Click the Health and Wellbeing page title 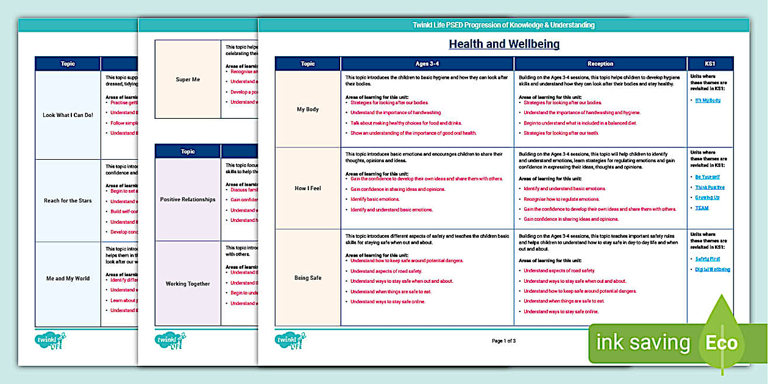pos(503,44)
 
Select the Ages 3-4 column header pos(427,63)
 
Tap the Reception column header pos(600,63)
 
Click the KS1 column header pos(710,63)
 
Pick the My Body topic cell pos(308,110)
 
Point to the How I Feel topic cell pos(308,188)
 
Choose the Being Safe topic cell pos(308,278)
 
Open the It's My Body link pos(708,100)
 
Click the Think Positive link pos(709,187)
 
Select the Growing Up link pos(707,197)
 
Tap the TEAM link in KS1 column pos(702,208)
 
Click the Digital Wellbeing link pos(712,269)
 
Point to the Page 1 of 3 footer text pos(503,341)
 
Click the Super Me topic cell pos(188,80)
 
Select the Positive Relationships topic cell pos(188,199)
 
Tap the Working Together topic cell pos(188,283)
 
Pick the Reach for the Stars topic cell pos(68,201)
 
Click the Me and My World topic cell pos(68,279)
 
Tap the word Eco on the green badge pos(722,343)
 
